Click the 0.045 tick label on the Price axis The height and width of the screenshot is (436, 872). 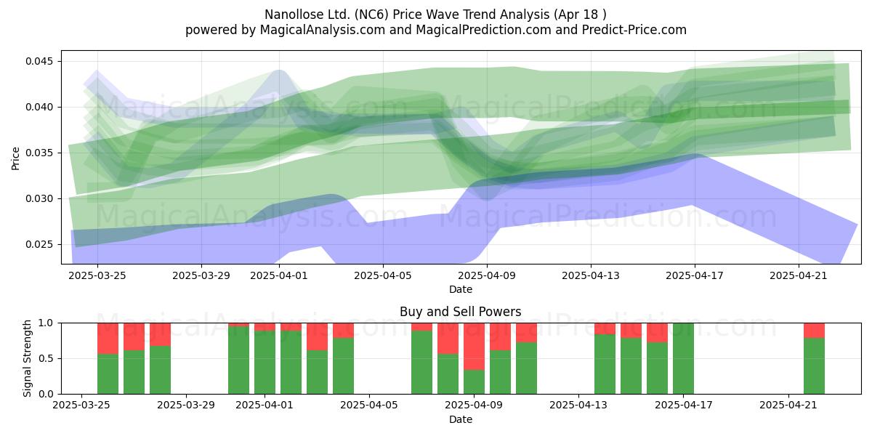[x=40, y=61]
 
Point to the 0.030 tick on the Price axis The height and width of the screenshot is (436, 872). [x=40, y=198]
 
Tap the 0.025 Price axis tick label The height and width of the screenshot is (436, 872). [x=40, y=244]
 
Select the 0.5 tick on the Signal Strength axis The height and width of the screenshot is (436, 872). [x=47, y=358]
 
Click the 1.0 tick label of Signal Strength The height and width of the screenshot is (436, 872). [x=47, y=323]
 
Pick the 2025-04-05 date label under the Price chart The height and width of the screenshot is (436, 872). [x=383, y=275]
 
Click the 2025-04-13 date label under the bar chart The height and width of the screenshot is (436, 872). [x=578, y=405]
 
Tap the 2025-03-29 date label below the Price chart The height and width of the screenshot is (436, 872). [x=201, y=275]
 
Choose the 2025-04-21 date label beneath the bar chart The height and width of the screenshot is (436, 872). [x=788, y=405]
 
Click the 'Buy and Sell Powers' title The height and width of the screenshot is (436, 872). [x=461, y=312]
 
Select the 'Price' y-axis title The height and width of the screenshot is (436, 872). [x=15, y=158]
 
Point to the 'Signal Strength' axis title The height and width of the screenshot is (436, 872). [x=27, y=358]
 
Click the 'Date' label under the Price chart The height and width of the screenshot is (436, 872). [x=461, y=289]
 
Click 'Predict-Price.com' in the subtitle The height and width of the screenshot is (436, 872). [x=634, y=30]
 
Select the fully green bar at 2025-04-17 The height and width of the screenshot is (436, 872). [x=683, y=358]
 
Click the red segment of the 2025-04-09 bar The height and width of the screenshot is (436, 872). [x=474, y=347]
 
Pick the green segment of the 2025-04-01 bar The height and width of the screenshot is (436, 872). [x=265, y=363]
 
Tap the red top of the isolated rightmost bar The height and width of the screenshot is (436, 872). [x=814, y=331]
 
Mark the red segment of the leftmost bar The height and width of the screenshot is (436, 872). [x=108, y=339]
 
